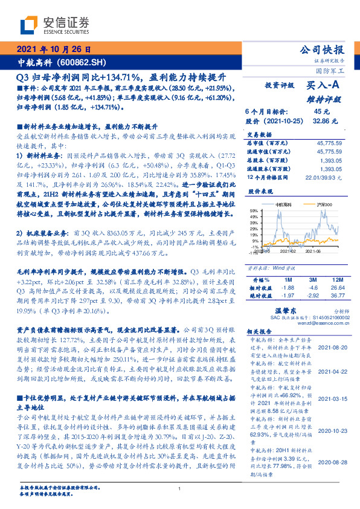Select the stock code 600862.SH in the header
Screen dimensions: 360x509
(84, 62)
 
